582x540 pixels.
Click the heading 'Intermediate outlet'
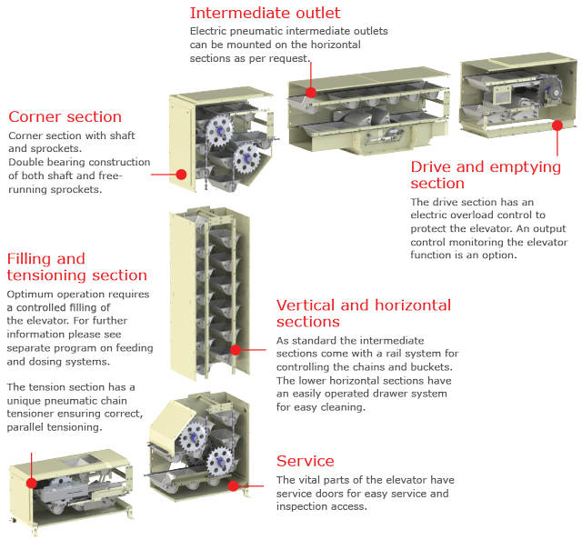[x=265, y=13]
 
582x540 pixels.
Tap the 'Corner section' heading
[x=65, y=116]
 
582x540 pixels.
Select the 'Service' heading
[x=306, y=461]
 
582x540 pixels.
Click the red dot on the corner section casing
[x=181, y=174]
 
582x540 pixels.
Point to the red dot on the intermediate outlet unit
[x=311, y=93]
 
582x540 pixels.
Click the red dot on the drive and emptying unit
[x=557, y=125]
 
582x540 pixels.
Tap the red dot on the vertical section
[x=236, y=350]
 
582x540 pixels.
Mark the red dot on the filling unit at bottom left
[x=32, y=483]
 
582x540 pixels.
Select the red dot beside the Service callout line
[x=233, y=485]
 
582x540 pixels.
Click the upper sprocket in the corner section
[x=219, y=130]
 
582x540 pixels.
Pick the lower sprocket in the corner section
[x=246, y=158]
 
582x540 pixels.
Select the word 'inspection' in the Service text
[x=301, y=507]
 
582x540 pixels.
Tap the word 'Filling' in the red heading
[x=30, y=259]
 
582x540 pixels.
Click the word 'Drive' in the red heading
[x=431, y=167]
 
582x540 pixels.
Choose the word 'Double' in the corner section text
[x=26, y=162]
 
